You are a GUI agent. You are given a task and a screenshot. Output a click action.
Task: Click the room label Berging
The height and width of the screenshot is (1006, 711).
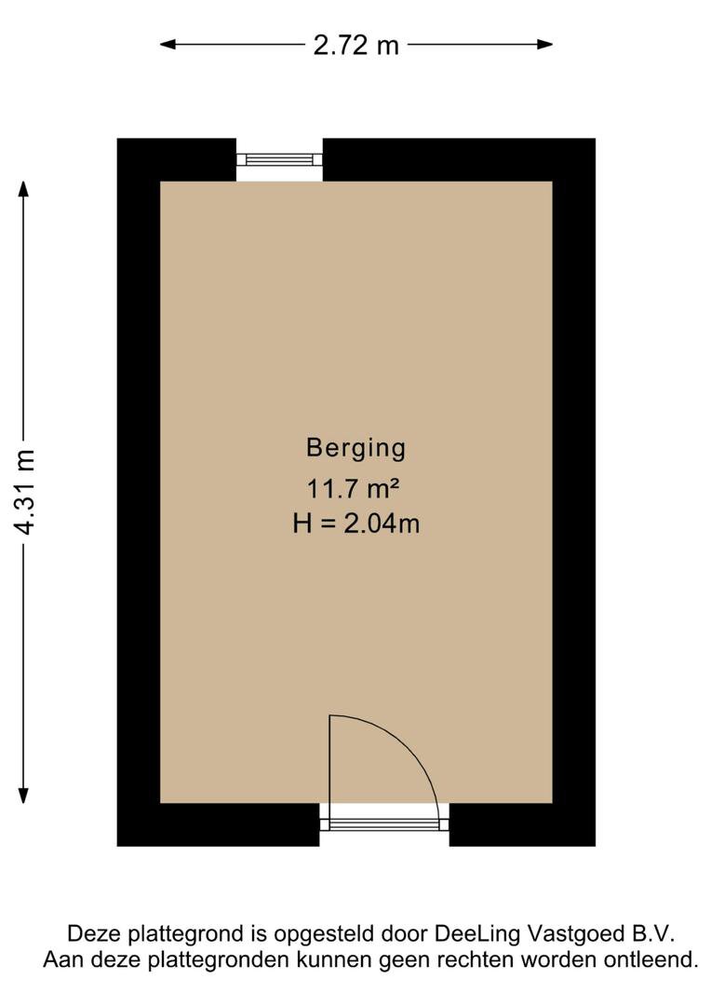click(x=355, y=448)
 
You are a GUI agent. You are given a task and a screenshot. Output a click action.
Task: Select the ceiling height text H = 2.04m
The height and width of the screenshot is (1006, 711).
click(x=355, y=523)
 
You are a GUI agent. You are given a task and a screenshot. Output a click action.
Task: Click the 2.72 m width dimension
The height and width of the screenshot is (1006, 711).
click(x=355, y=45)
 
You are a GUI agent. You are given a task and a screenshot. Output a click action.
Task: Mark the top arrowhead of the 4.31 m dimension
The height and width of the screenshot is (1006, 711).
click(x=24, y=187)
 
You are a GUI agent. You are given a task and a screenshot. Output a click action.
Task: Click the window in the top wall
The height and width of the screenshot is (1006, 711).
click(x=279, y=159)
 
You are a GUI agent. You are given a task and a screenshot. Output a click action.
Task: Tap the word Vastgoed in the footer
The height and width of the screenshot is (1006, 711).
click(x=552, y=934)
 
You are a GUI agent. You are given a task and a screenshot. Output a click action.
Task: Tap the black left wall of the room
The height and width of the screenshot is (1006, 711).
click(x=138, y=491)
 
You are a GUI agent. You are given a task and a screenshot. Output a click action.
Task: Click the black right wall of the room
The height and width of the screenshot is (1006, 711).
click(x=574, y=491)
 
